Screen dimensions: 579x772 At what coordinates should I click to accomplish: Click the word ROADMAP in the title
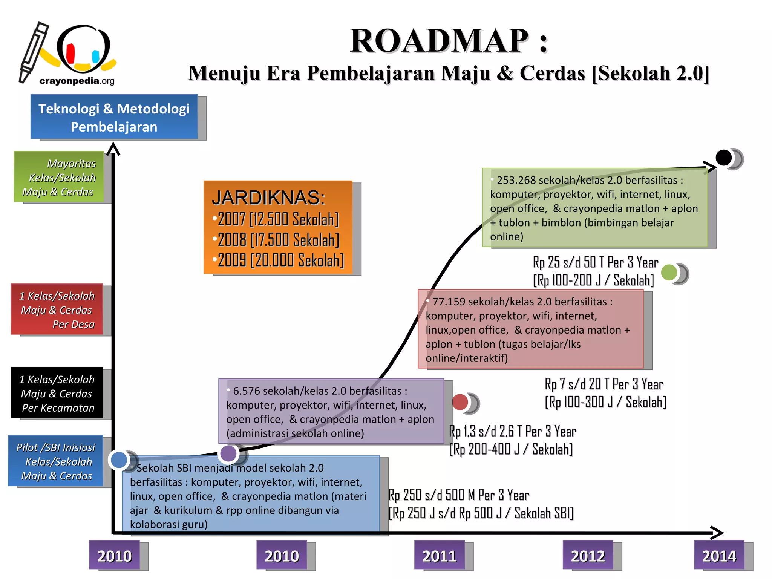pos(439,41)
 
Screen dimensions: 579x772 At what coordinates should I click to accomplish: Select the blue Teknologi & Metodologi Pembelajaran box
pos(114,117)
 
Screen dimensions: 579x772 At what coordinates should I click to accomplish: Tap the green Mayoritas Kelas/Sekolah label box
pos(59,177)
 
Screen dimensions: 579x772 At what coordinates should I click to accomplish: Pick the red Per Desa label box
pos(57,309)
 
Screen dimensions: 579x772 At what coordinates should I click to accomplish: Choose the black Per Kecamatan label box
pos(57,393)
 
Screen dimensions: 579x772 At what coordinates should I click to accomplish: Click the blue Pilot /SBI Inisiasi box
pos(56,461)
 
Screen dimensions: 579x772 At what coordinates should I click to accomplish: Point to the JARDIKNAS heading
pos(268,198)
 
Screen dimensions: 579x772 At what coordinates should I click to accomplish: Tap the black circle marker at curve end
pos(723,158)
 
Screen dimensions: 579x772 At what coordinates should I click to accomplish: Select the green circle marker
pos(669,273)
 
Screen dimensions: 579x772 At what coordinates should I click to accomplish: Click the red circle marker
pos(460,402)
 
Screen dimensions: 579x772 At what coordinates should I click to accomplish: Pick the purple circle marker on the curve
pos(228,453)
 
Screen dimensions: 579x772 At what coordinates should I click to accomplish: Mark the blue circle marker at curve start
pos(119,460)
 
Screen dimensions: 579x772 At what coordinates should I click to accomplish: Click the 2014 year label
pos(719,556)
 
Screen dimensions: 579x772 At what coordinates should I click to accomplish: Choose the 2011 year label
pos(439,556)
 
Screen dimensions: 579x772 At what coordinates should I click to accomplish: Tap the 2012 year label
pos(588,556)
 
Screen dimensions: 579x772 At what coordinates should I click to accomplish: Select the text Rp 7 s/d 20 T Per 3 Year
pos(604,384)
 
